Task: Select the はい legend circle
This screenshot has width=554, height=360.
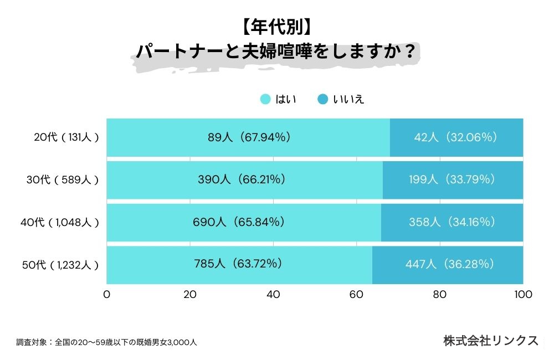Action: [265, 100]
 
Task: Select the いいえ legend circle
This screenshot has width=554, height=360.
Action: [322, 100]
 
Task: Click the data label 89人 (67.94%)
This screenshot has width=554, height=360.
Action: [248, 137]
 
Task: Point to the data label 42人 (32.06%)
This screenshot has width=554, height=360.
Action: [455, 137]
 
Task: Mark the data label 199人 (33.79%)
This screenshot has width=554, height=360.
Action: [452, 179]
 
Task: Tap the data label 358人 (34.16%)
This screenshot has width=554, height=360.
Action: [452, 222]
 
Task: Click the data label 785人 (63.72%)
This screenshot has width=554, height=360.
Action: [239, 264]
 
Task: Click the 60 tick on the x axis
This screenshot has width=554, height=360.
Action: [357, 295]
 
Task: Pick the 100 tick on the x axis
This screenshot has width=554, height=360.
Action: [523, 295]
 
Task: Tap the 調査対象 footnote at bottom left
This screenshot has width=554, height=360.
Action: [106, 342]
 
